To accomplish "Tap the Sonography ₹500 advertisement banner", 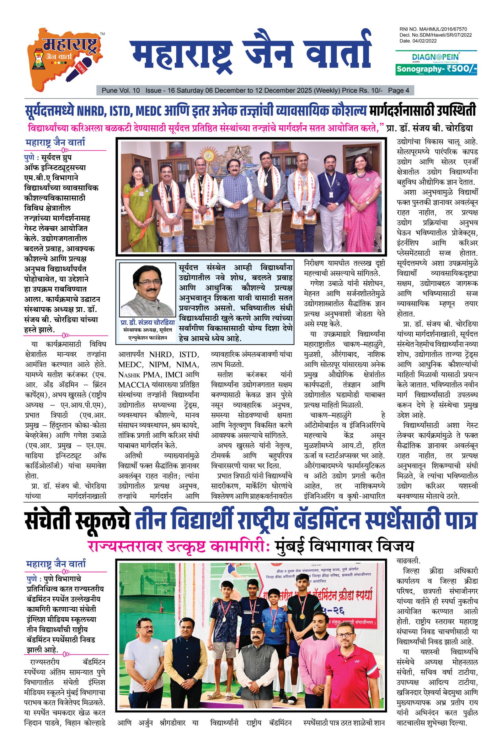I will pos(436,68).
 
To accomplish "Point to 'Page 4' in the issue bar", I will pos(398,90).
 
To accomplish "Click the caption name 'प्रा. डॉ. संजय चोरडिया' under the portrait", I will pos(147,323).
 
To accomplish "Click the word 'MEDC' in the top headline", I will pos(148,111).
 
